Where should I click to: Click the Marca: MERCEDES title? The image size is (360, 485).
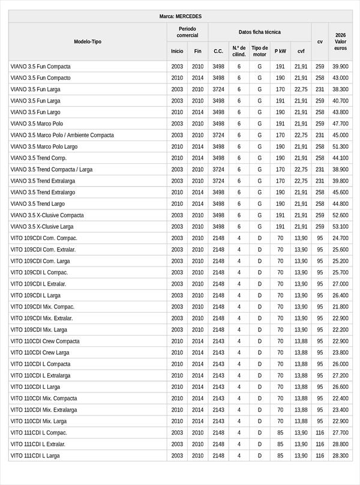coord(180,16)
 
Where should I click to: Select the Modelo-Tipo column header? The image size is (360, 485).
coord(88,41)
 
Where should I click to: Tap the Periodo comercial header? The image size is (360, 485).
coord(187,32)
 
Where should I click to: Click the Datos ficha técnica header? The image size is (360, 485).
coord(259,32)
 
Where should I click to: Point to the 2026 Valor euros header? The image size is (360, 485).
coord(340,41)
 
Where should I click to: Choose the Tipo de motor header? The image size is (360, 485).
coord(259,51)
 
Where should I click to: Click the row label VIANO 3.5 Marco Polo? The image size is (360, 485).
coord(37,124)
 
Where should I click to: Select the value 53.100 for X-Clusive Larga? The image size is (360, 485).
coord(340,227)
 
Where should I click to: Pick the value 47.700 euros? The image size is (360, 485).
coord(340,124)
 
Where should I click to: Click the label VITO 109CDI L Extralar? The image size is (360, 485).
coord(38,284)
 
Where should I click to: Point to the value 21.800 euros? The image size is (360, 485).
coord(340,307)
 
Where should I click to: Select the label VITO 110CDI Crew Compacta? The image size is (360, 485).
coord(45,342)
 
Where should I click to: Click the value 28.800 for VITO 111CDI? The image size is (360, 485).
coord(340,444)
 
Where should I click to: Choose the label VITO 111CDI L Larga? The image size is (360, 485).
coord(35,456)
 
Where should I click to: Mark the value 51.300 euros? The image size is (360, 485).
coord(340,146)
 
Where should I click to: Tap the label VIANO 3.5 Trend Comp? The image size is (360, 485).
coord(38,158)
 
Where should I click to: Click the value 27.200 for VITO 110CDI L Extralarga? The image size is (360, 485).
coord(340,376)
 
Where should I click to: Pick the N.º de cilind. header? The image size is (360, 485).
coord(238,51)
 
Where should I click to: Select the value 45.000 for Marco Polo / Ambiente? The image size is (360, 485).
coord(340,135)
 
